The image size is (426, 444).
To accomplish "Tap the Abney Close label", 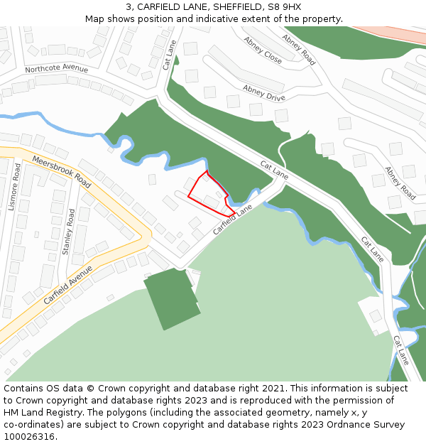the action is coord(262,50).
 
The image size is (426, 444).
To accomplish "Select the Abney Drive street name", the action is coord(263,92).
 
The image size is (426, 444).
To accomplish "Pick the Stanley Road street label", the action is coord(68,232).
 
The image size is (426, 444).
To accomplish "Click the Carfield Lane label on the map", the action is coord(233,220).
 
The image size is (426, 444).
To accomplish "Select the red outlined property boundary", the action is coord(209,194).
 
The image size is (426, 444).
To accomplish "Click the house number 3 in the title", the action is coord(129,7).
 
